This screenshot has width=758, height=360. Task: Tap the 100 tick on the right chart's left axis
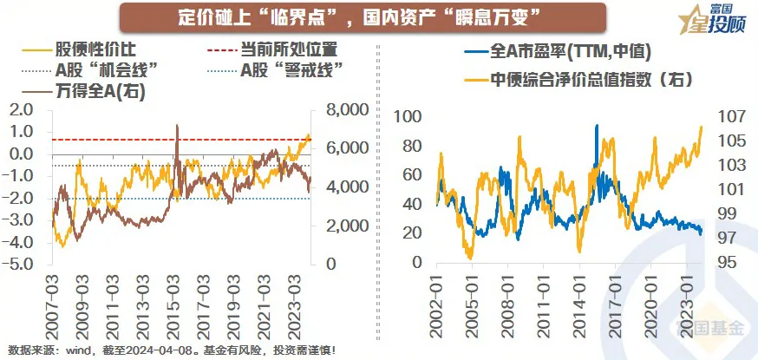pos(408,117)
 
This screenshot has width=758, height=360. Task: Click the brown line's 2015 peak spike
pos(177,127)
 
